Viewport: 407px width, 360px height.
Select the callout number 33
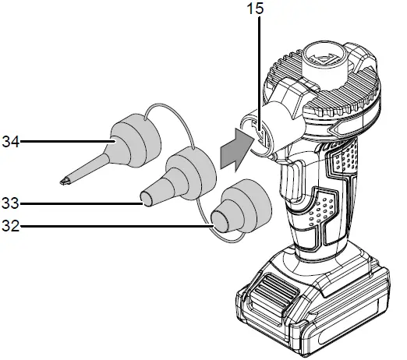pyautogui.click(x=10, y=204)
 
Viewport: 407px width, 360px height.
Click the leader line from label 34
pyautogui.click(x=62, y=142)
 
